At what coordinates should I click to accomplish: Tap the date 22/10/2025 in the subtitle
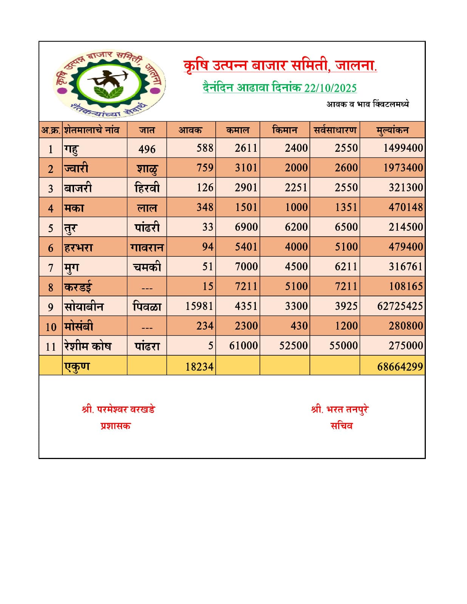click(330, 88)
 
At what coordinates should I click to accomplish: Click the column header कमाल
click(238, 130)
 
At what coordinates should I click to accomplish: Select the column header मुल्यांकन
click(392, 130)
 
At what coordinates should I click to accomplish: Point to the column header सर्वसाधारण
click(335, 130)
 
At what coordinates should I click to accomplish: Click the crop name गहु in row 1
click(71, 148)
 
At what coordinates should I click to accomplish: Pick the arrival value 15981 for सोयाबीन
click(199, 306)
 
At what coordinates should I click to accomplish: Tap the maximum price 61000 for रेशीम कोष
click(243, 346)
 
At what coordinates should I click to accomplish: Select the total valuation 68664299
click(400, 367)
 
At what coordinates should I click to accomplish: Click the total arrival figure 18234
click(199, 367)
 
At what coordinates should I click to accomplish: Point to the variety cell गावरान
click(147, 247)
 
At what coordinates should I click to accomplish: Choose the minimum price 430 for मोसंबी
click(299, 326)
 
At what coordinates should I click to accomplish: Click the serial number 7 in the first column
click(51, 268)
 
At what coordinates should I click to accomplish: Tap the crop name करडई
click(78, 287)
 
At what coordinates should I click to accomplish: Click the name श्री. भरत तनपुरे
click(340, 409)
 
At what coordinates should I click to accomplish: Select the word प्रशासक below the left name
click(116, 426)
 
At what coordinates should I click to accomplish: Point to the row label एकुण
click(77, 366)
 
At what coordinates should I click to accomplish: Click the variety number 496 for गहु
click(147, 149)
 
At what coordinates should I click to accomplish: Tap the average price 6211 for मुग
click(346, 267)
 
